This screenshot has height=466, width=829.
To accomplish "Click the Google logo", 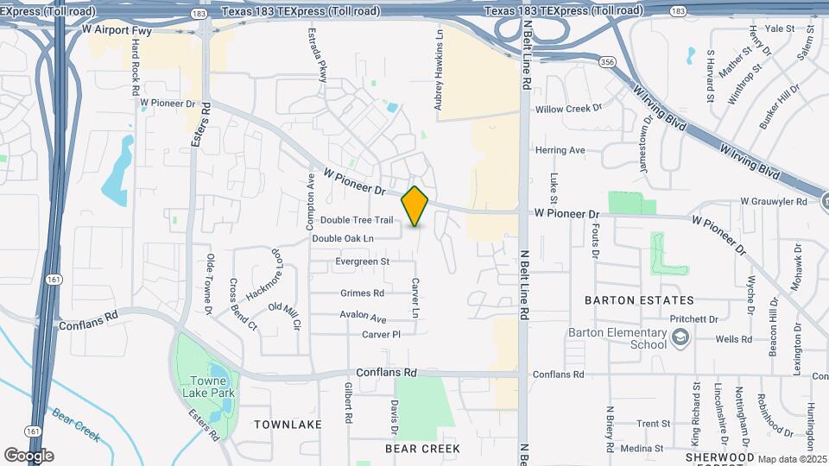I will click(28, 456).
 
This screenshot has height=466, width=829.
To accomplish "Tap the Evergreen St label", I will click(363, 261).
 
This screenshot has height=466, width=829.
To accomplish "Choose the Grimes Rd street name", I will click(362, 293).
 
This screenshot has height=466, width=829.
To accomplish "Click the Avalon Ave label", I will click(363, 317).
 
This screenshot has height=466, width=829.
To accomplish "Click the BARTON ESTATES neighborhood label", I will click(639, 300).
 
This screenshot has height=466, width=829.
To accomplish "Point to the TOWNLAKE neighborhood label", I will click(288, 425).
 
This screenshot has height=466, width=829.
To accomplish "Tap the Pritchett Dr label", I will click(693, 318).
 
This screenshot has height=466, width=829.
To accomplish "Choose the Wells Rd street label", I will click(731, 339).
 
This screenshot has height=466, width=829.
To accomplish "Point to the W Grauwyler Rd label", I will click(774, 202).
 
